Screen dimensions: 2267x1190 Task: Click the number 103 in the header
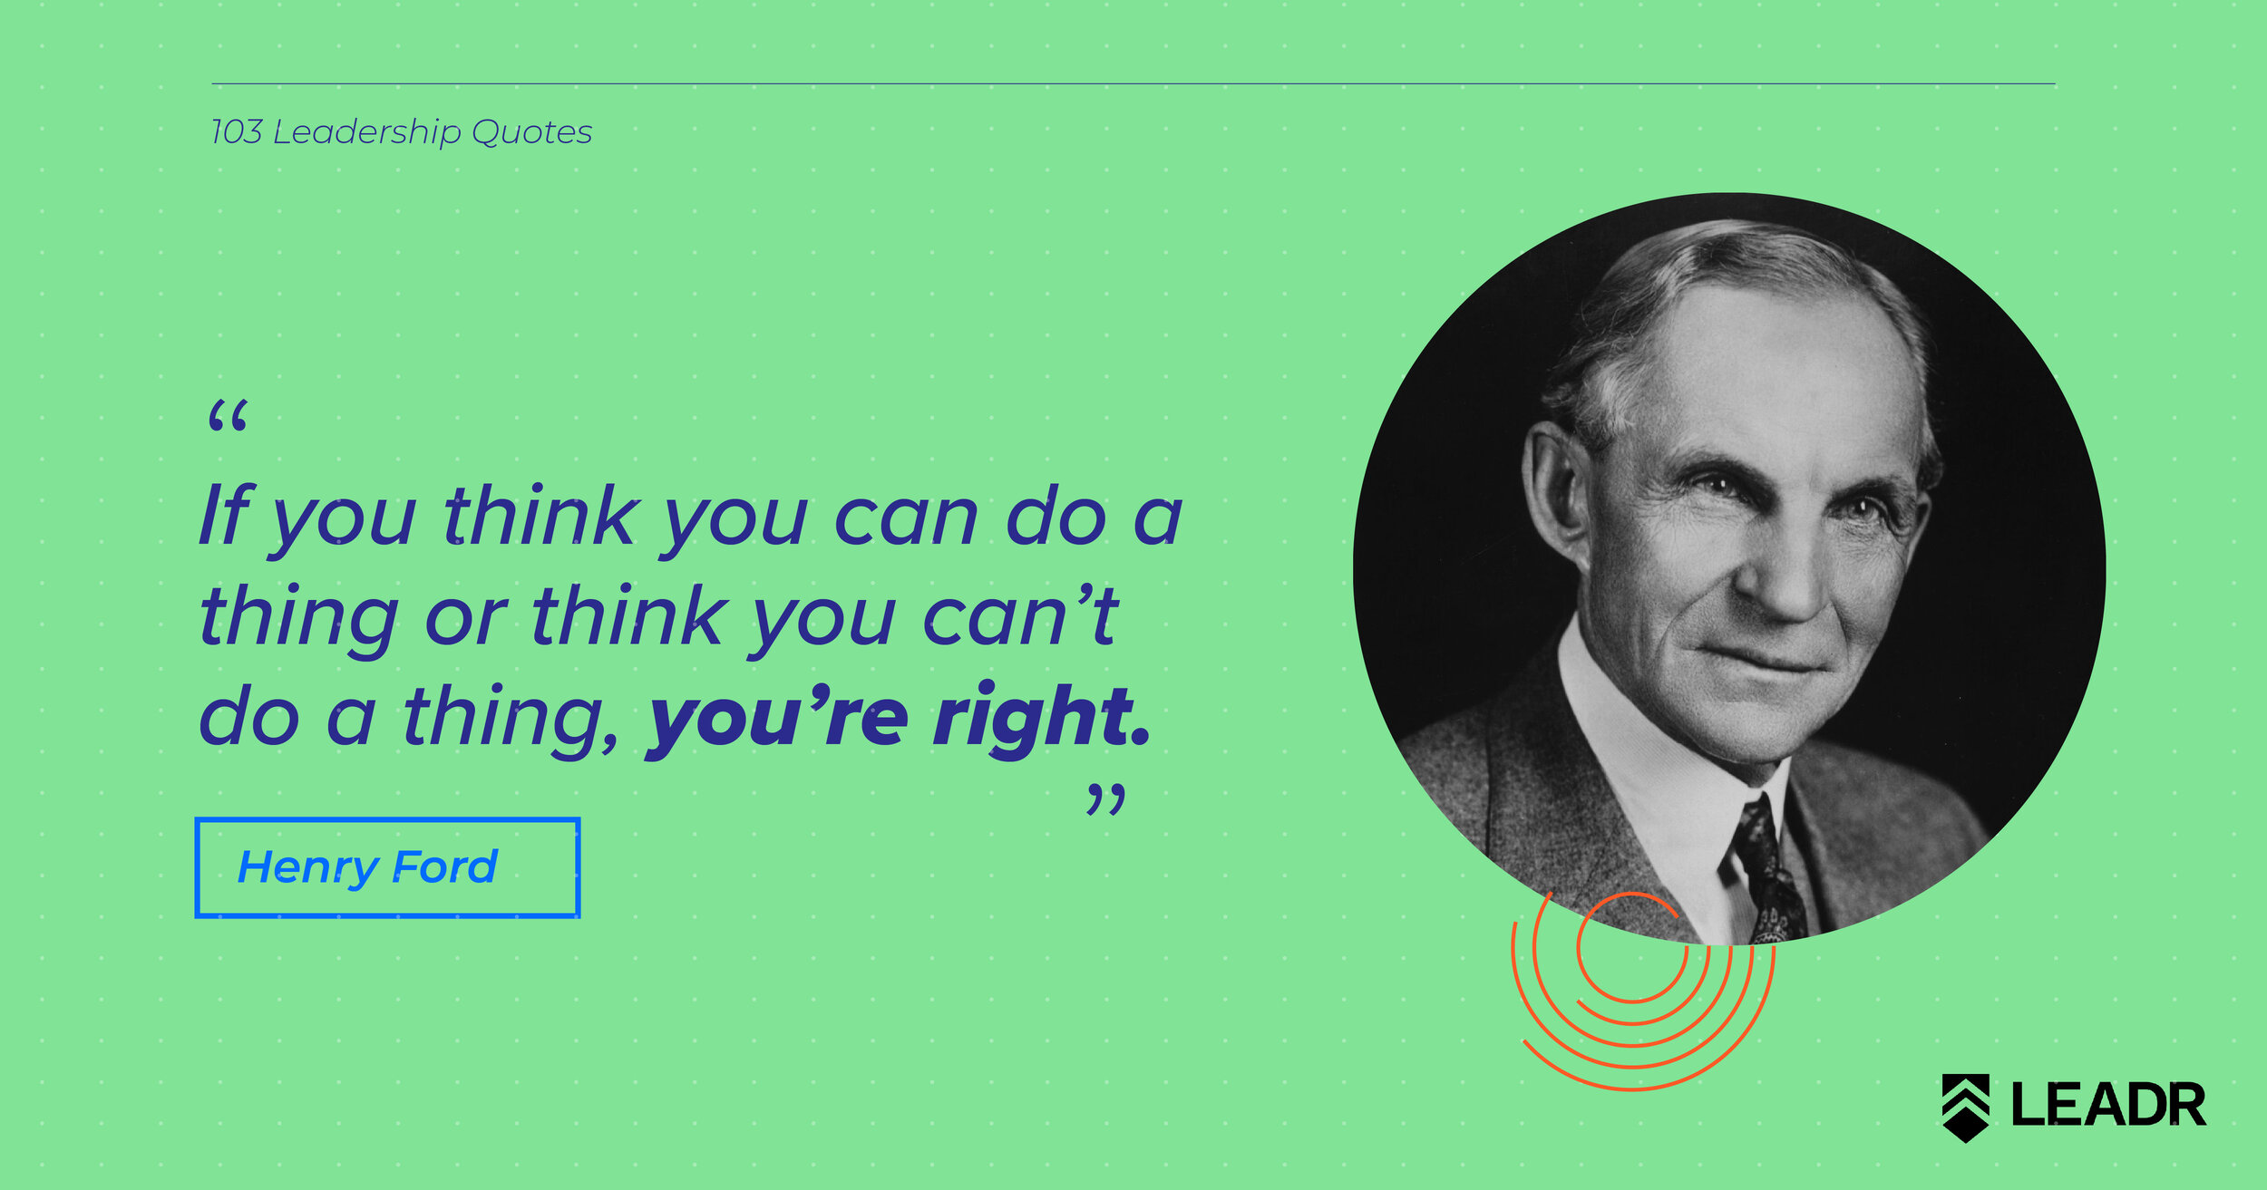[237, 132]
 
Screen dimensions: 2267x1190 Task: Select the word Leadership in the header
[367, 133]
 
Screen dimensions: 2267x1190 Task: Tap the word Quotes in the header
[532, 132]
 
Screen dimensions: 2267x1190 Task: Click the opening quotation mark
[227, 416]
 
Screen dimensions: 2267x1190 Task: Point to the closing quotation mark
[1106, 800]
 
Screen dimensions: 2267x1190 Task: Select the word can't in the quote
[1020, 615]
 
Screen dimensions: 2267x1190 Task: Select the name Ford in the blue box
[445, 866]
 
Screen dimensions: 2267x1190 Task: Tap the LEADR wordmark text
[2109, 1105]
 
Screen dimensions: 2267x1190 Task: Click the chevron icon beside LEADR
[1966, 1107]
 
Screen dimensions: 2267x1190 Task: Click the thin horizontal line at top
[1133, 84]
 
